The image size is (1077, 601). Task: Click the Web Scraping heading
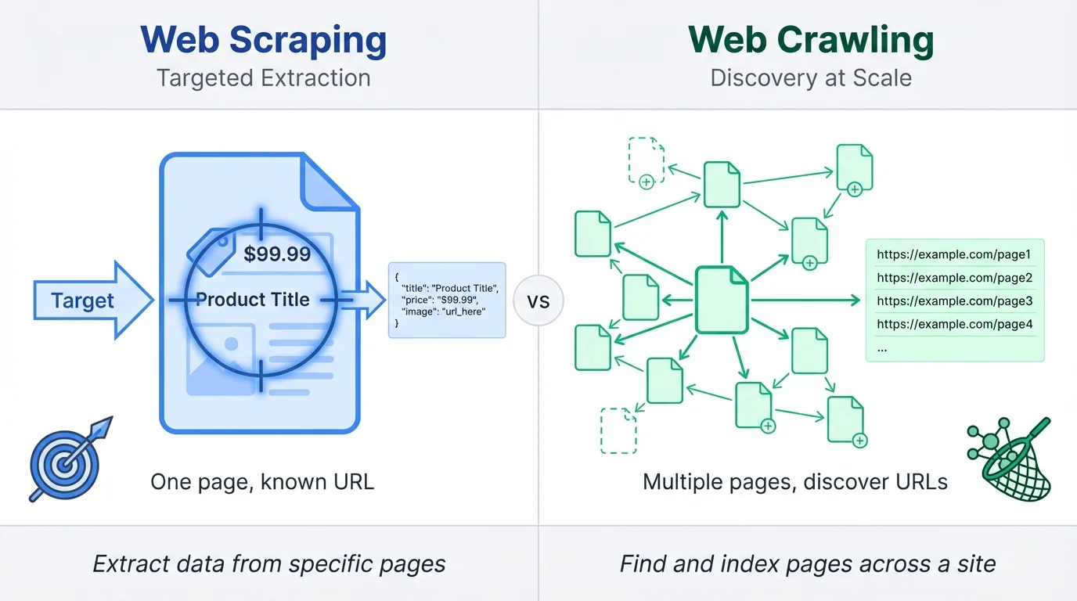click(x=263, y=41)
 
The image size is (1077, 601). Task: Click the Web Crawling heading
click(x=811, y=41)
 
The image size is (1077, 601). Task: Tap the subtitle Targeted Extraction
click(x=263, y=78)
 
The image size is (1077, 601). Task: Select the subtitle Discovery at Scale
click(x=811, y=78)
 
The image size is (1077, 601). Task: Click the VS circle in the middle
click(x=539, y=300)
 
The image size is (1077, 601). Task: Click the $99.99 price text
click(x=277, y=254)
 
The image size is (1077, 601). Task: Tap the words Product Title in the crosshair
click(x=252, y=300)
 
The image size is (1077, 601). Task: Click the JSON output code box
click(x=447, y=300)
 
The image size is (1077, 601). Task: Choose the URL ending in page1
click(x=954, y=254)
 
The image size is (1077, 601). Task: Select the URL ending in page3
click(x=954, y=300)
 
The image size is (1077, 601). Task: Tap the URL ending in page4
click(x=954, y=324)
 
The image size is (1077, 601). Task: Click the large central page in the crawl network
click(x=722, y=300)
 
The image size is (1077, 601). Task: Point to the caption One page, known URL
click(x=262, y=481)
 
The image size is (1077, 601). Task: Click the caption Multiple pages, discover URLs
click(x=794, y=481)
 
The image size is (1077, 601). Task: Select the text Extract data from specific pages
click(x=269, y=563)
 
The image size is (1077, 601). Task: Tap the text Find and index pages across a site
click(x=808, y=563)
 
